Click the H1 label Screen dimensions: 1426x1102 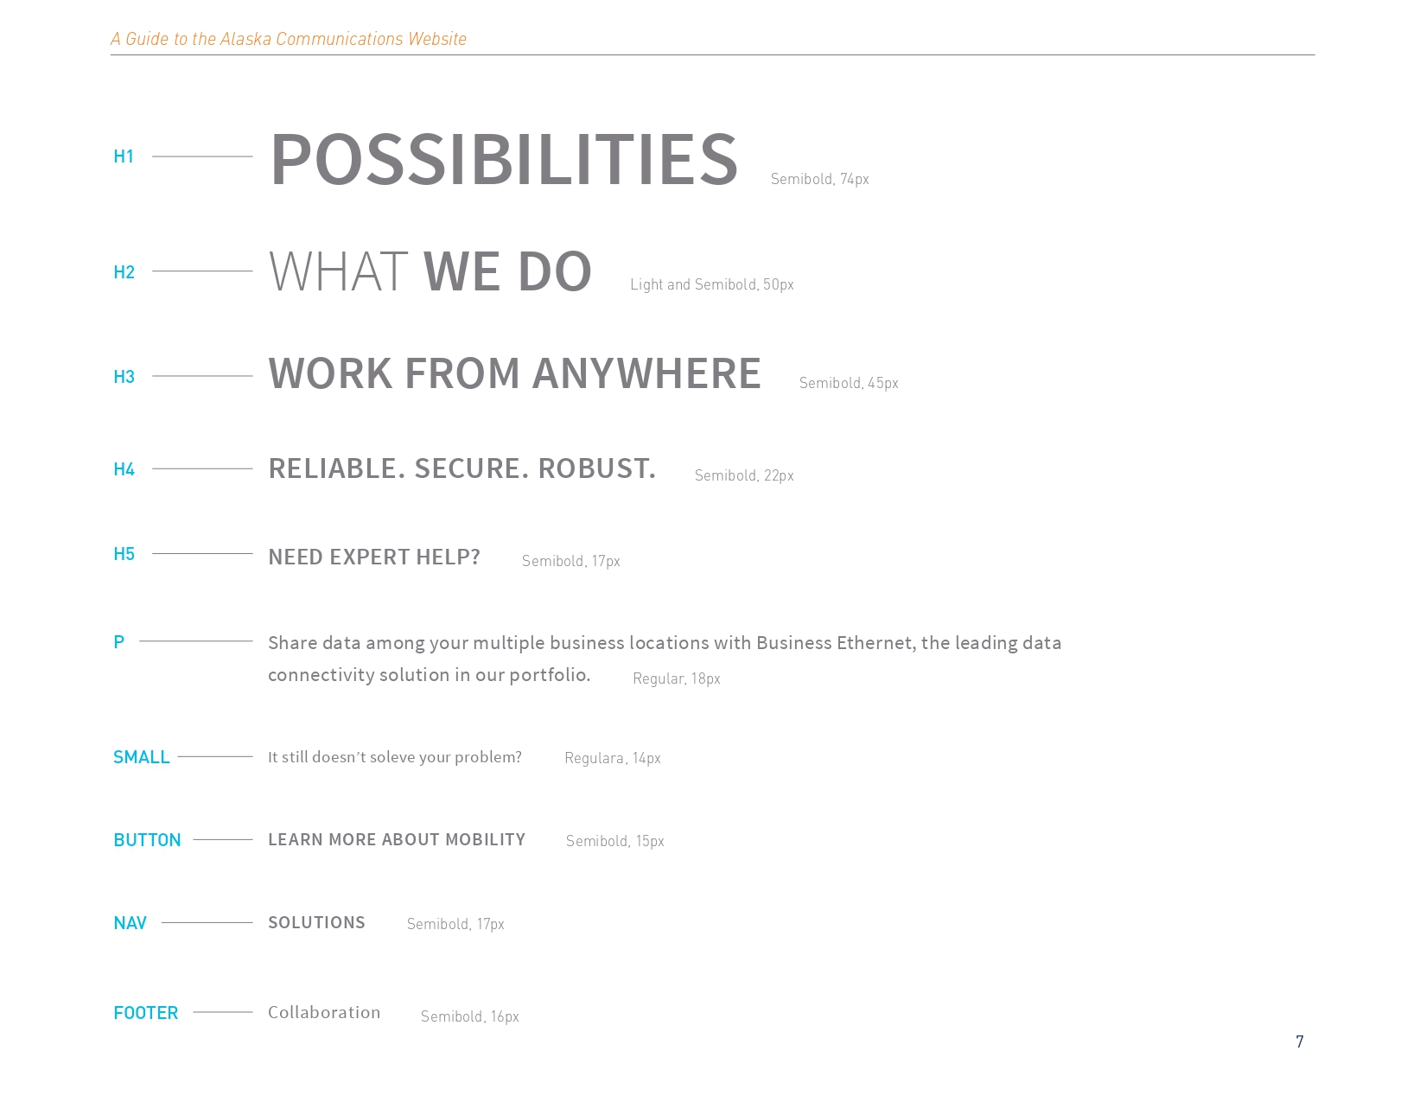tap(124, 156)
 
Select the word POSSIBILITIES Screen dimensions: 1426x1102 tap(504, 160)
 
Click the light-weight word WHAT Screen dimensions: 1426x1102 tap(339, 271)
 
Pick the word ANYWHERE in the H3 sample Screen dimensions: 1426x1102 tap(646, 373)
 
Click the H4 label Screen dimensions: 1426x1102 tap(124, 469)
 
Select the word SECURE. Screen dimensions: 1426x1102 tap(471, 468)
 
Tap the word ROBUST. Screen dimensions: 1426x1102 tap(597, 468)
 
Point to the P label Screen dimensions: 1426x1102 tap(118, 642)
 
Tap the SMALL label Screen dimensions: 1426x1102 tap(141, 757)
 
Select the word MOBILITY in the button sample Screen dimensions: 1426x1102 tap(485, 839)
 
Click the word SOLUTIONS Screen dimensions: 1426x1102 tap(316, 923)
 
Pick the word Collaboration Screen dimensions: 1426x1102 tap(324, 1012)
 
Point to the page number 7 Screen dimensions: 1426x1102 tap(1299, 1041)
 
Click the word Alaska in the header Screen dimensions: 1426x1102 tap(245, 39)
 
